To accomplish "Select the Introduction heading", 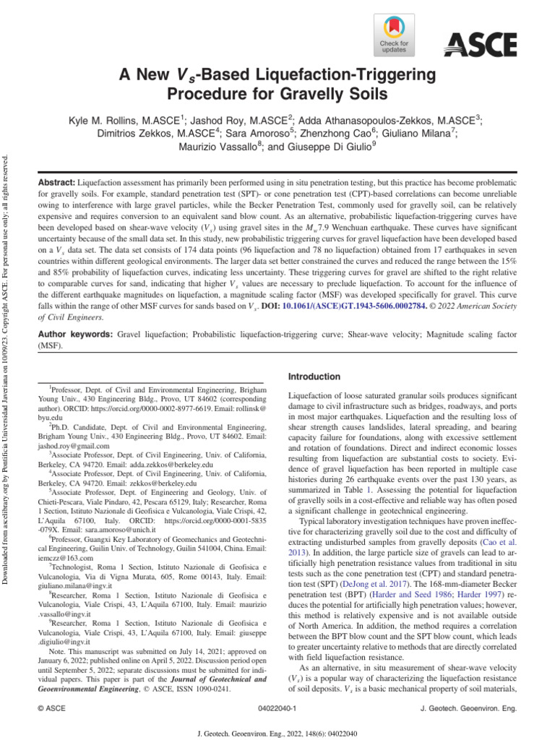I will pos(314,377).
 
